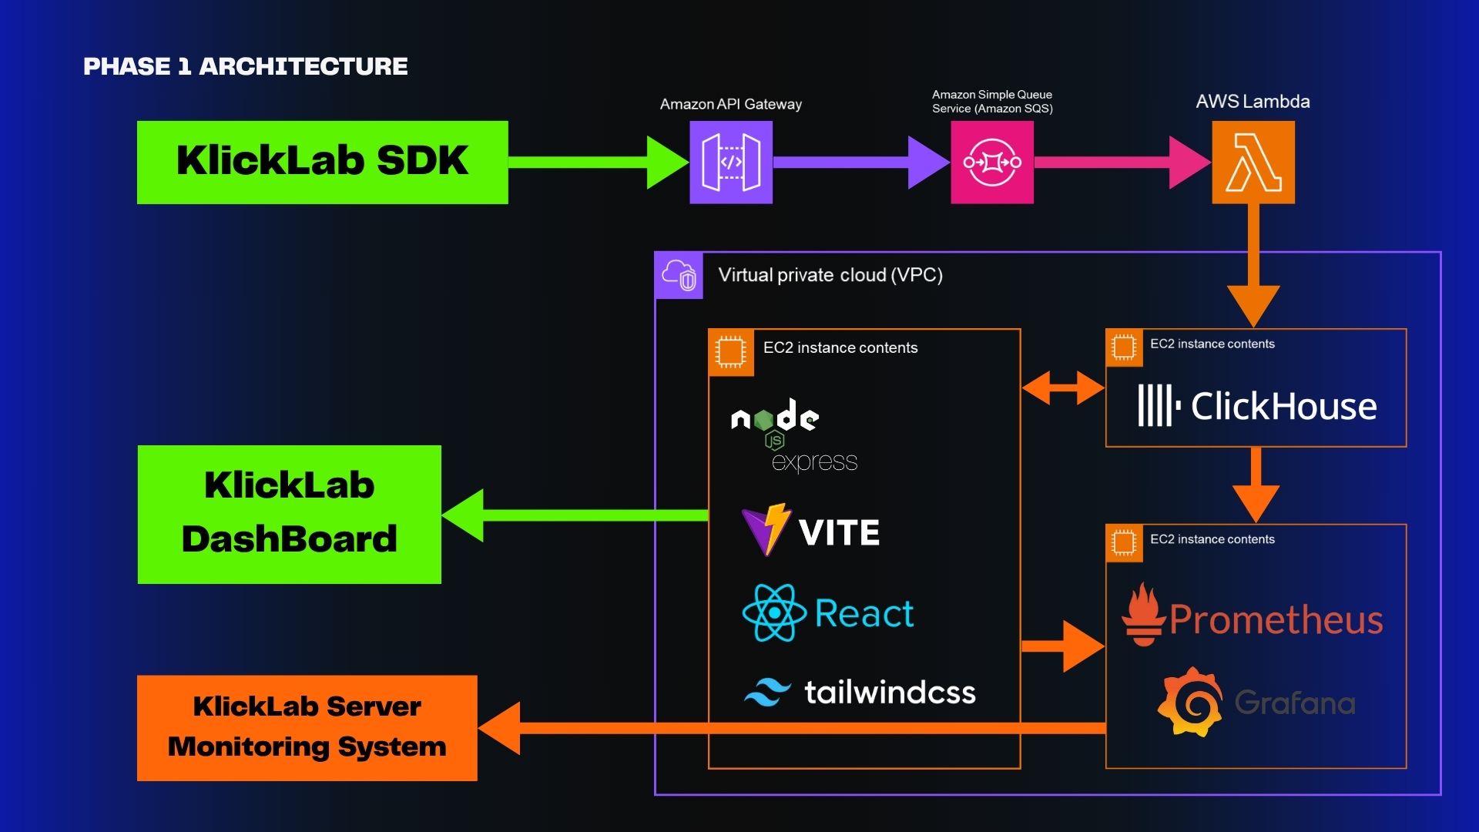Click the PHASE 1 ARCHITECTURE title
pyautogui.click(x=245, y=67)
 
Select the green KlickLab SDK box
pyautogui.click(x=322, y=163)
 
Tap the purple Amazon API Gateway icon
pyautogui.click(x=730, y=163)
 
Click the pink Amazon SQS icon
pyautogui.click(x=991, y=163)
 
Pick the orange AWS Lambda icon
pyautogui.click(x=1253, y=163)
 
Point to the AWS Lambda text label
pyautogui.click(x=1252, y=102)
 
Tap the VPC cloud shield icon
pyautogui.click(x=679, y=275)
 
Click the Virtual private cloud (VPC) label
pyautogui.click(x=830, y=275)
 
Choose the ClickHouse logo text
pyautogui.click(x=1283, y=406)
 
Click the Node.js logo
pyautogui.click(x=774, y=420)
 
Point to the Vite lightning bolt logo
pyautogui.click(x=766, y=530)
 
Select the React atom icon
pyautogui.click(x=773, y=613)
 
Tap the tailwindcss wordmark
pyautogui.click(x=890, y=693)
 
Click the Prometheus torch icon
pyautogui.click(x=1143, y=615)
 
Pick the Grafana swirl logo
pyautogui.click(x=1190, y=702)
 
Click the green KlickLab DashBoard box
pyautogui.click(x=289, y=514)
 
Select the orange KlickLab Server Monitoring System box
pyautogui.click(x=307, y=728)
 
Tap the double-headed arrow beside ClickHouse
pyautogui.click(x=1063, y=387)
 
